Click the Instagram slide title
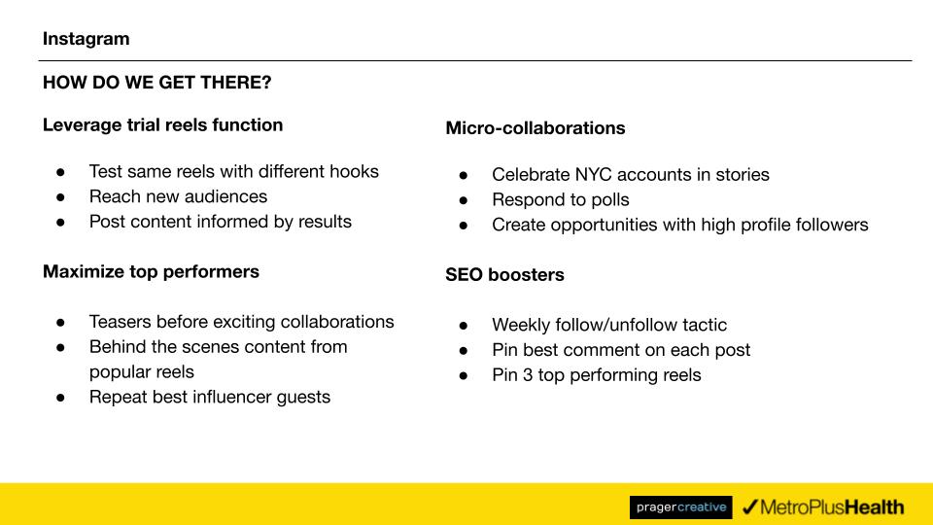point(86,39)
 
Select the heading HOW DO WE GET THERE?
point(157,82)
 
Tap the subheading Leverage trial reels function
point(162,125)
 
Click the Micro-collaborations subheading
point(535,128)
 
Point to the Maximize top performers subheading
point(152,272)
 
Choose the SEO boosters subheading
point(504,275)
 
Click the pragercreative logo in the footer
point(680,507)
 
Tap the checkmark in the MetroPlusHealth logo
point(749,507)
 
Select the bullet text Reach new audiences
point(178,196)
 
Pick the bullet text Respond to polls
point(561,200)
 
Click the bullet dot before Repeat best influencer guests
point(60,398)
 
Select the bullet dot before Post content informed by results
point(60,222)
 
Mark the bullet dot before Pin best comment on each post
point(464,351)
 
